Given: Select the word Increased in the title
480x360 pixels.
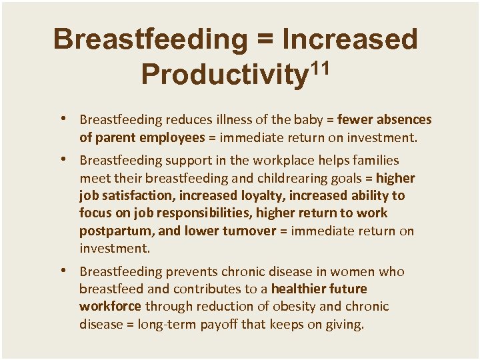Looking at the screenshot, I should pos(350,39).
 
